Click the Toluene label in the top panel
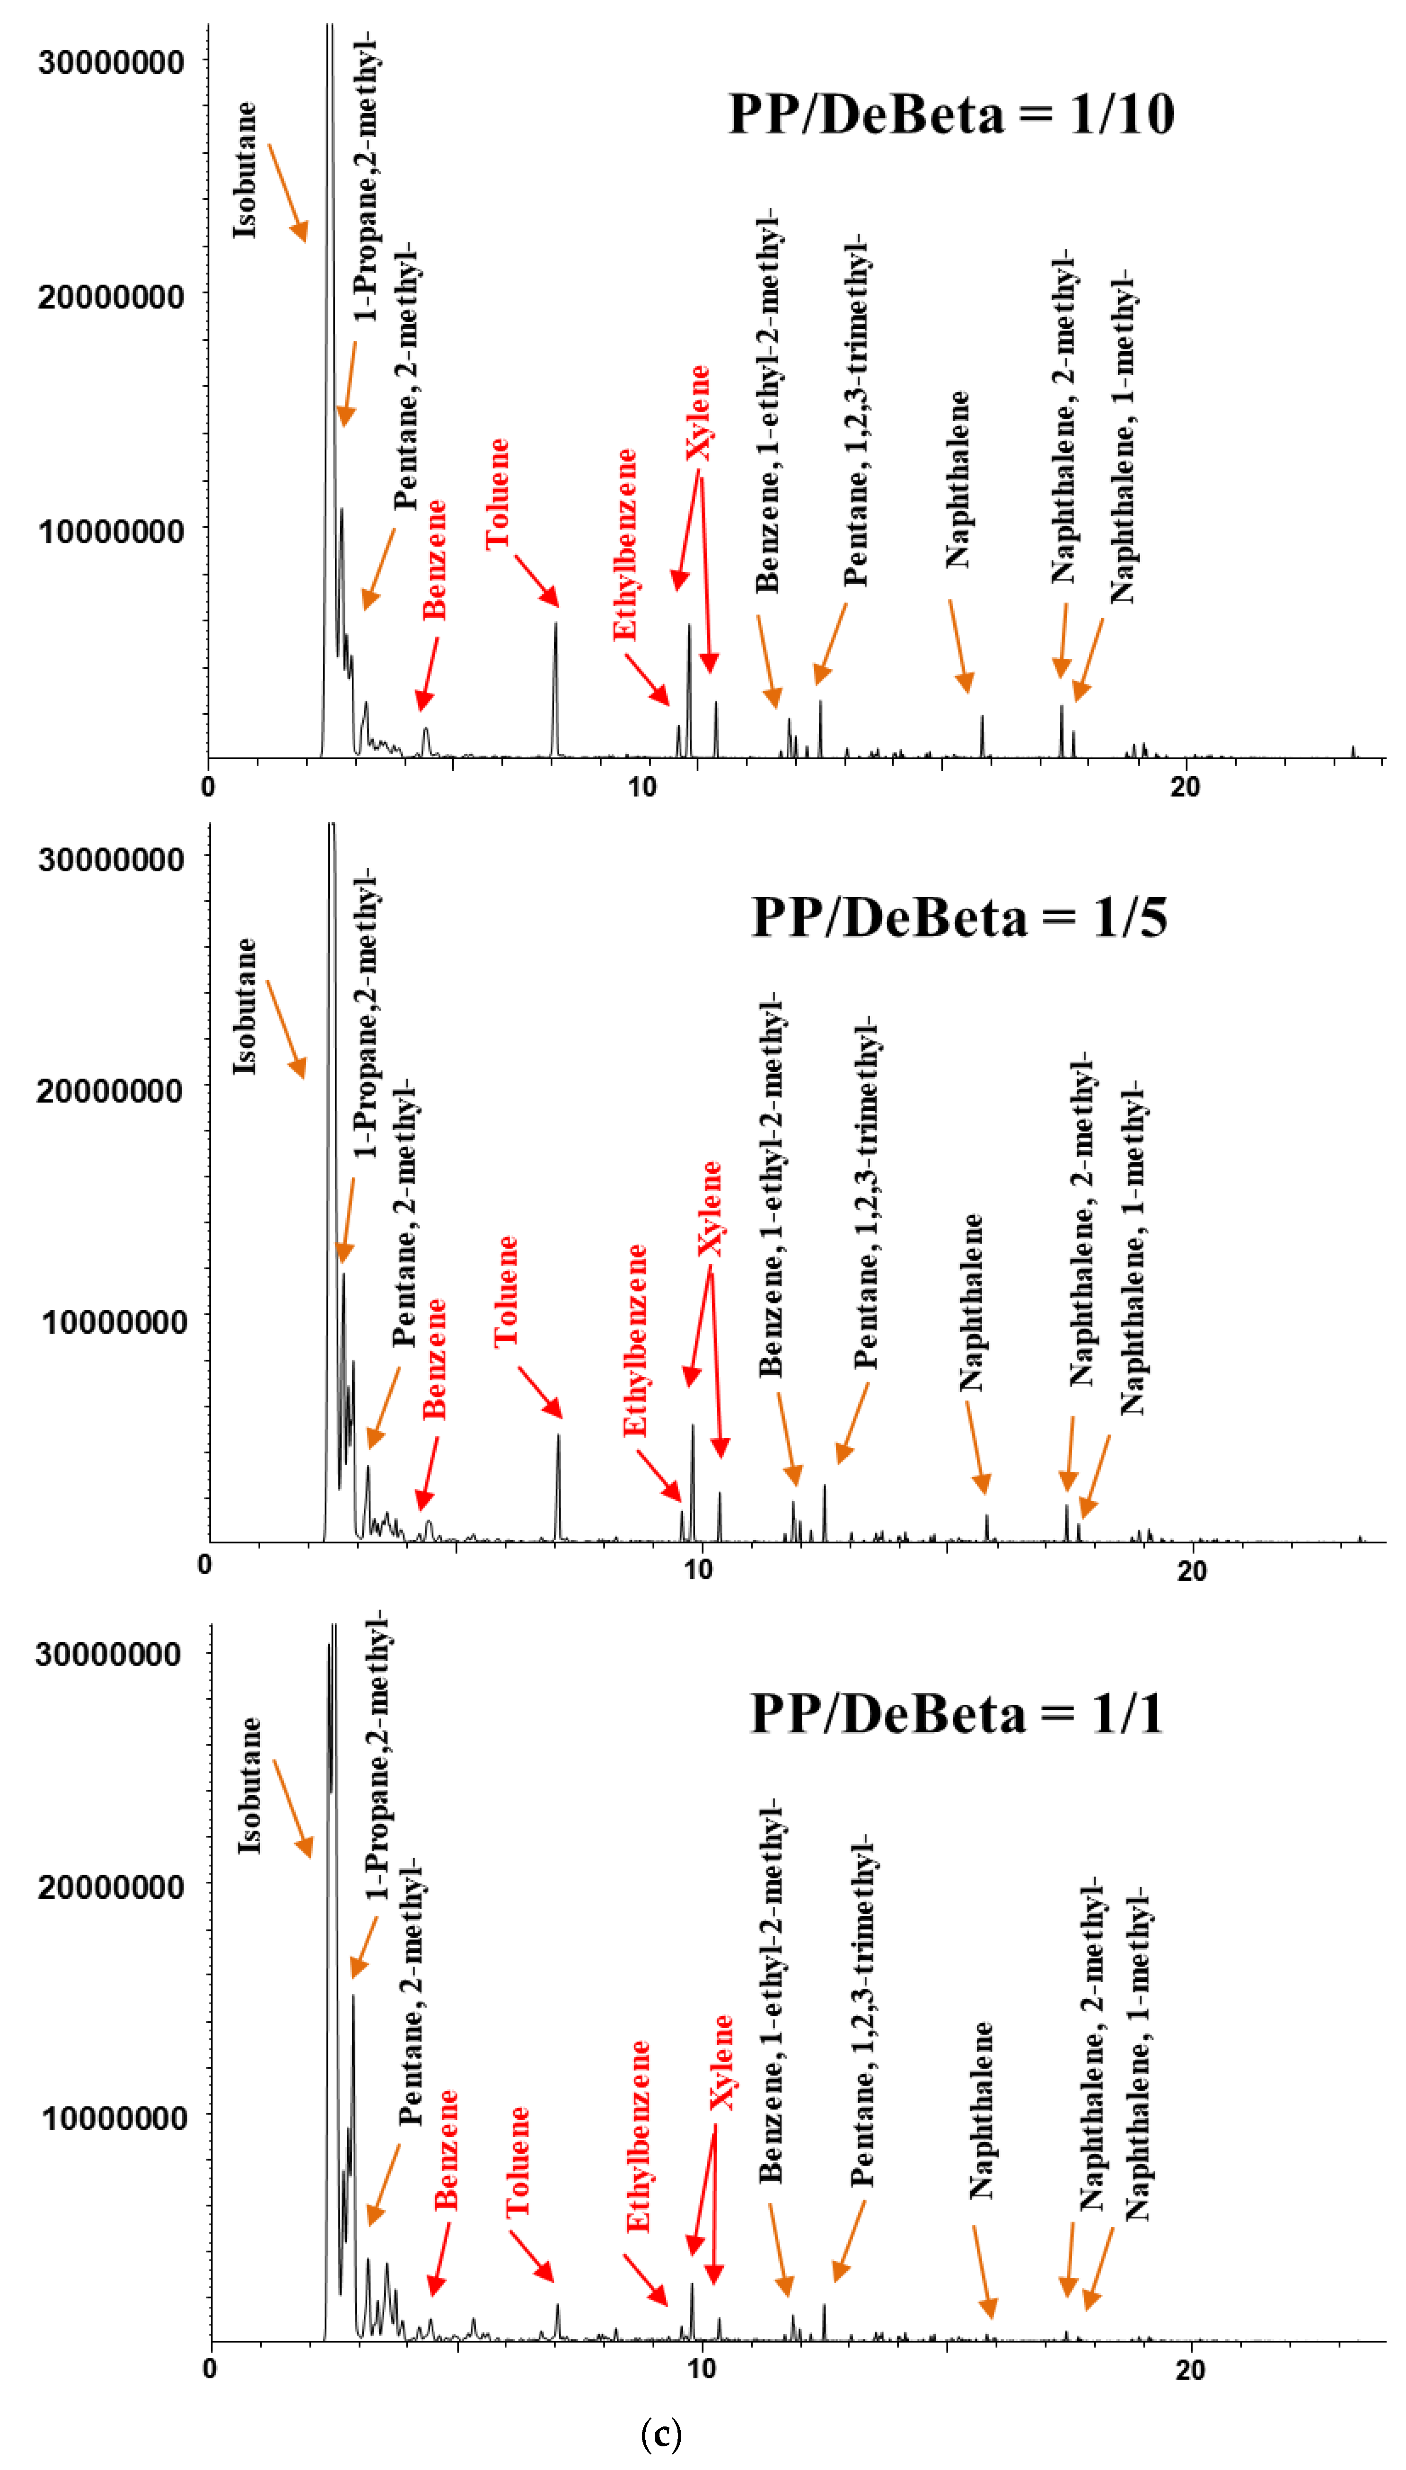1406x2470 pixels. tap(497, 494)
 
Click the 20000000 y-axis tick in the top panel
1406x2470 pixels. tap(111, 297)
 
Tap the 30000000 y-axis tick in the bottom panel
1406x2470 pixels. tap(108, 1654)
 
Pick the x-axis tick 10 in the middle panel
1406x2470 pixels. tap(697, 1569)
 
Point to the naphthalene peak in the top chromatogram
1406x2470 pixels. tap(982, 734)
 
